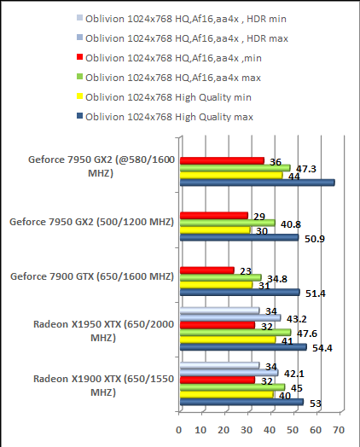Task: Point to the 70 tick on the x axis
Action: point(339,429)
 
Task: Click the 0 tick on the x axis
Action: point(179,429)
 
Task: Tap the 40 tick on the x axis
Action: point(270,429)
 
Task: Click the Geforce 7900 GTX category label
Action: point(90,276)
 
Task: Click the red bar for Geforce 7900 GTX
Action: point(206,270)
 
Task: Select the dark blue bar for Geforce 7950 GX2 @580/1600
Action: point(257,182)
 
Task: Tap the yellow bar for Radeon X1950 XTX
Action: point(226,340)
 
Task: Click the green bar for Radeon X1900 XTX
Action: point(230,387)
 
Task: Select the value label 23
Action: point(245,270)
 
